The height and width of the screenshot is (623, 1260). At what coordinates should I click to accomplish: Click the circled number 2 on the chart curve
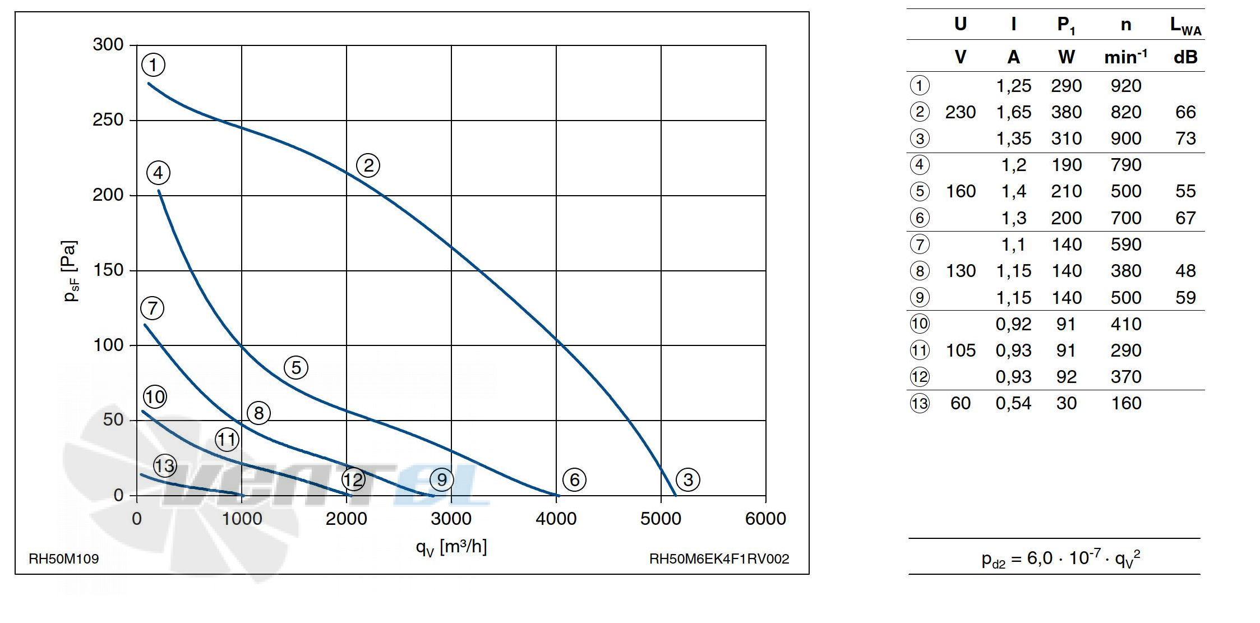(x=368, y=165)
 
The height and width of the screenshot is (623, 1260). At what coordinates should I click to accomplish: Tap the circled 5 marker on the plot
(x=296, y=368)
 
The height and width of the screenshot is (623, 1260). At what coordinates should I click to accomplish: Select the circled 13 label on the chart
(x=165, y=465)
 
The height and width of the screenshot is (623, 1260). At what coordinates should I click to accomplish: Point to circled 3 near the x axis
(x=688, y=479)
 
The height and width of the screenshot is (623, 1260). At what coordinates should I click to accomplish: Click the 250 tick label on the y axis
(x=108, y=120)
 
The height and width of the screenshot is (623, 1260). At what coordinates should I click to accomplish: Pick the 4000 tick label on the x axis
(x=556, y=519)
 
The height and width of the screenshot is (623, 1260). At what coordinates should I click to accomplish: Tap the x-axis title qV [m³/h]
(x=451, y=547)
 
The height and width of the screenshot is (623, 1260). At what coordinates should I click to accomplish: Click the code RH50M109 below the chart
(x=64, y=559)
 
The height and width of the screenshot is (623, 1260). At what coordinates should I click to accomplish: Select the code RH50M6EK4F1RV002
(x=719, y=559)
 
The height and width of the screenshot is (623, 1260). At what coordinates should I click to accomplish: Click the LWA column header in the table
(x=1185, y=26)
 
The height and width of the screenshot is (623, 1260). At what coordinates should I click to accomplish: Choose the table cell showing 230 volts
(x=960, y=112)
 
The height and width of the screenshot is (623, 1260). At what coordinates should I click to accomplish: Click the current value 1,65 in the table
(x=1013, y=112)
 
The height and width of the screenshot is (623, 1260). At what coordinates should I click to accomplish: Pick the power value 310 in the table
(x=1066, y=139)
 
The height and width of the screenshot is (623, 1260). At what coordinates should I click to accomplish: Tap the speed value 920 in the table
(x=1125, y=86)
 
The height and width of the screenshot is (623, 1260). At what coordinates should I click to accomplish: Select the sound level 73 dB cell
(x=1185, y=139)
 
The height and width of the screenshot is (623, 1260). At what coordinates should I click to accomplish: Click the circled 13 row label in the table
(x=920, y=403)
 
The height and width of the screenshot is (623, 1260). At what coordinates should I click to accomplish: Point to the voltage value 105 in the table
(x=961, y=350)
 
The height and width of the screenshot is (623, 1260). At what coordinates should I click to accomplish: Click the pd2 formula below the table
(x=1060, y=559)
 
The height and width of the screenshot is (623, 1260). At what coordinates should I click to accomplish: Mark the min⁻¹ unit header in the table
(x=1125, y=57)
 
